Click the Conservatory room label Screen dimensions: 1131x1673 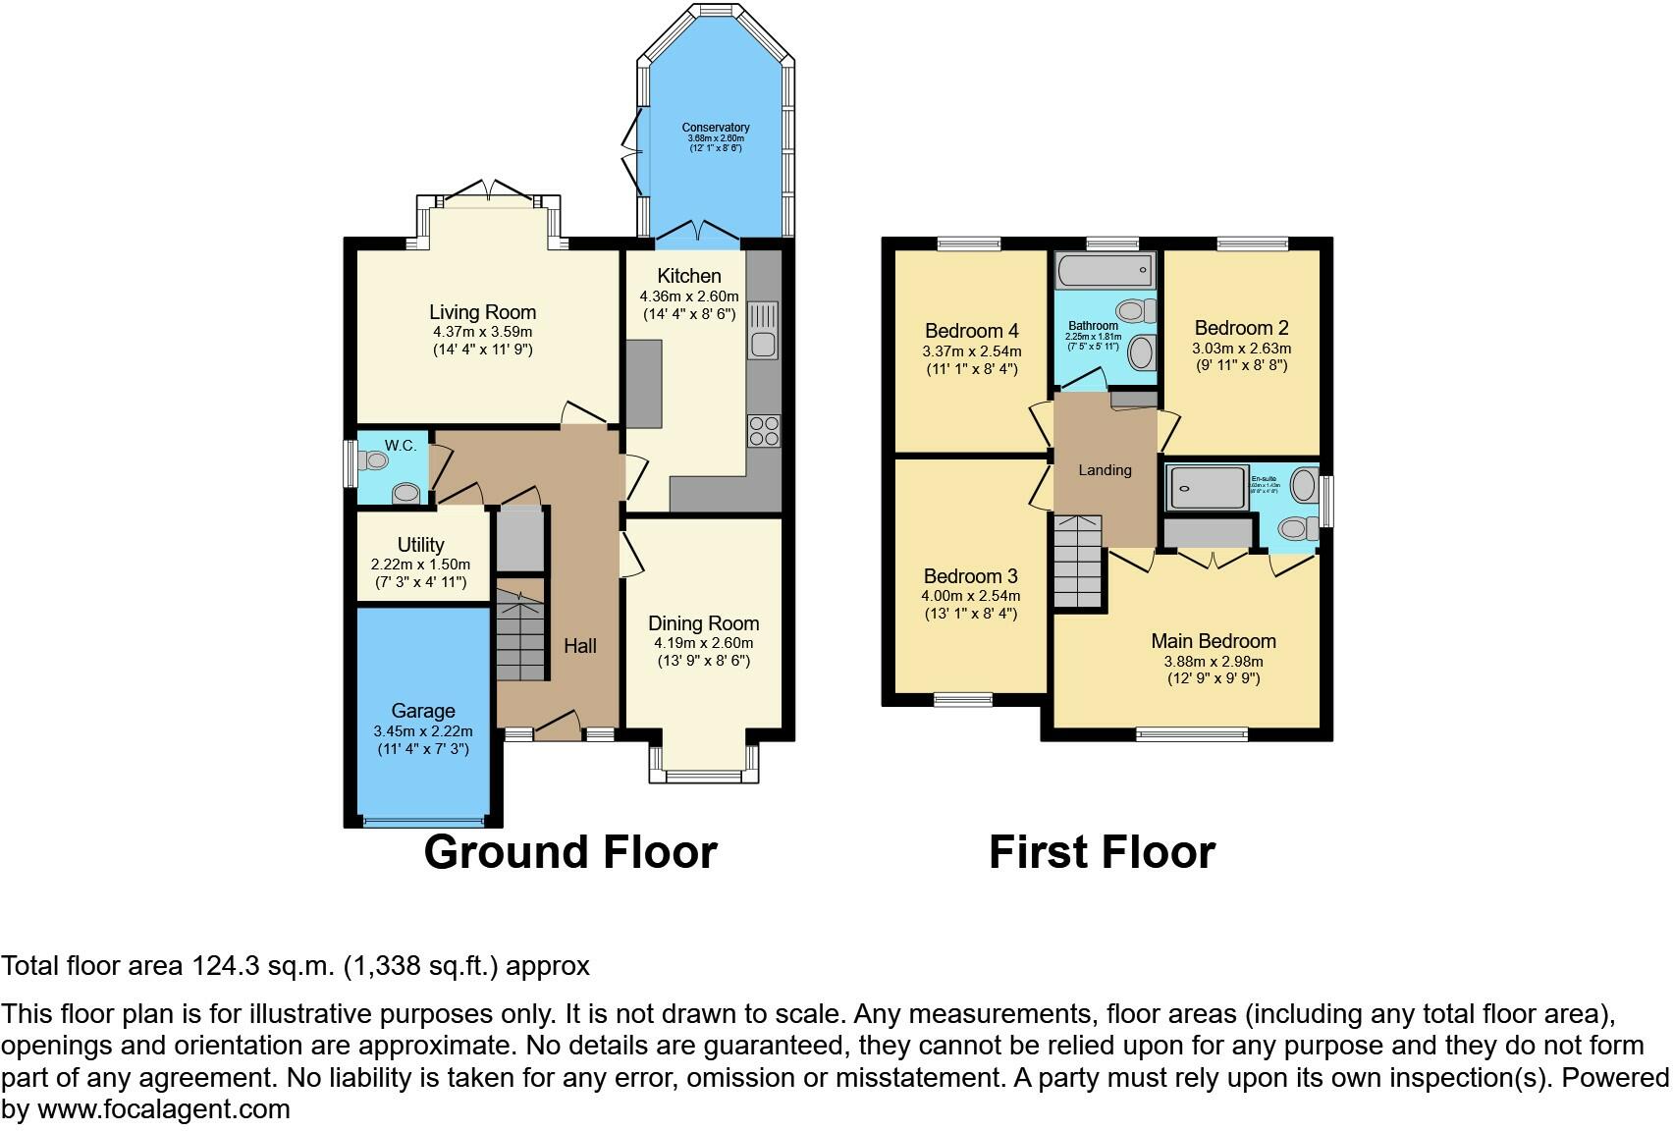716,128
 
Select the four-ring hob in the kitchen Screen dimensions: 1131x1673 764,431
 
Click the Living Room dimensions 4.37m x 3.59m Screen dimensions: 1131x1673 482,332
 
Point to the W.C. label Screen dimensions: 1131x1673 401,446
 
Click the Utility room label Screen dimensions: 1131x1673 420,545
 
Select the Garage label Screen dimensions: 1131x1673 423,711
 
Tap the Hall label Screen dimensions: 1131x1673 580,646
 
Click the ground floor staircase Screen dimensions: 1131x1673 520,633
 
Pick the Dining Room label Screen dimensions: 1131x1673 703,623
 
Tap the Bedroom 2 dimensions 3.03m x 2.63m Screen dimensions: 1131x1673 1241,349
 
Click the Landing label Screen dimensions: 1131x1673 1105,470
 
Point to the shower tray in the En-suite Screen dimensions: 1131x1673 1207,486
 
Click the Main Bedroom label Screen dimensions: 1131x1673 1214,641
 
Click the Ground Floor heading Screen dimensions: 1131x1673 570,851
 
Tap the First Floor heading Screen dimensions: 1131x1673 1102,851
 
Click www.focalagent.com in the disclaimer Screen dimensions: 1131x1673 163,1110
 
